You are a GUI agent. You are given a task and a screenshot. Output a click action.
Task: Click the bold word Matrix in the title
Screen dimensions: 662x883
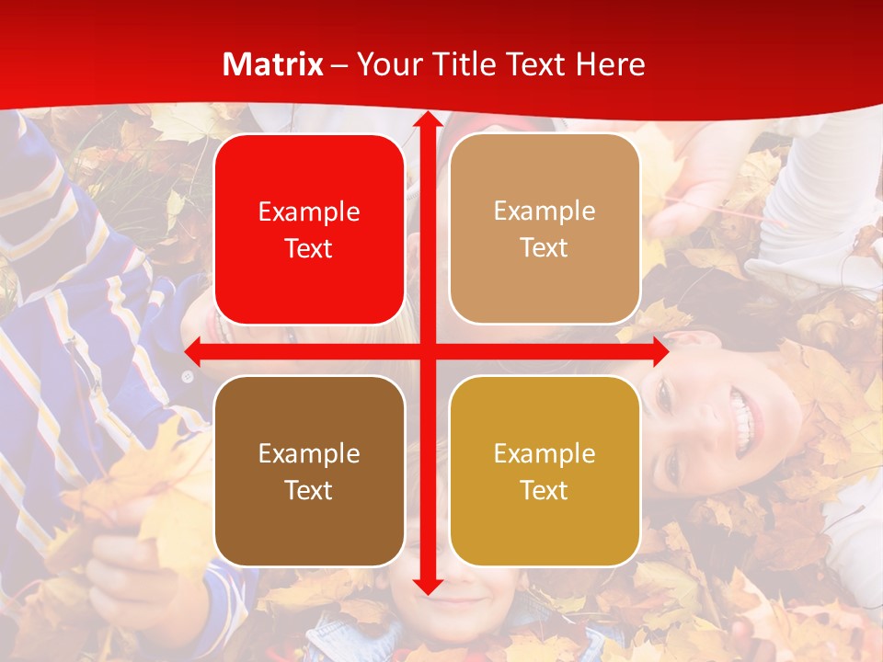[273, 64]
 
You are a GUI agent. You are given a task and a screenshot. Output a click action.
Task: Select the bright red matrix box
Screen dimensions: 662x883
[309, 230]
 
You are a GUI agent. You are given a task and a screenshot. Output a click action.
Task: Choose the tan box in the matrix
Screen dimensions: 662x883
[545, 229]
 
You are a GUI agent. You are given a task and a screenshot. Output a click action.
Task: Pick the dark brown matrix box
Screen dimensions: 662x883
[309, 471]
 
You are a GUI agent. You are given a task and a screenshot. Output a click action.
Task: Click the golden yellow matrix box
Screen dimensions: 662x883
[545, 471]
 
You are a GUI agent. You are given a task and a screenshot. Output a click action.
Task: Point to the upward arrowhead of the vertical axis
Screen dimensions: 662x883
[427, 121]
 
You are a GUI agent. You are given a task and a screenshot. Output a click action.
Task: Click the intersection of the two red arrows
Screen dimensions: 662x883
[427, 351]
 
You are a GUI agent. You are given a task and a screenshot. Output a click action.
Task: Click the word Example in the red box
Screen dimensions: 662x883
[309, 211]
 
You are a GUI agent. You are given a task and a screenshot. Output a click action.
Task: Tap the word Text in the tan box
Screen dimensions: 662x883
[545, 248]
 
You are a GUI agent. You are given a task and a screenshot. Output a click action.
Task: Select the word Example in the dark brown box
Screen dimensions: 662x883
[309, 453]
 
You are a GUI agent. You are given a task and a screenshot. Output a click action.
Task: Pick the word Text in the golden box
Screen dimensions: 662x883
[545, 490]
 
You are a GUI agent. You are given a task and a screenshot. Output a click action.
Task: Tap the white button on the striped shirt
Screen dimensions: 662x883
[187, 376]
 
